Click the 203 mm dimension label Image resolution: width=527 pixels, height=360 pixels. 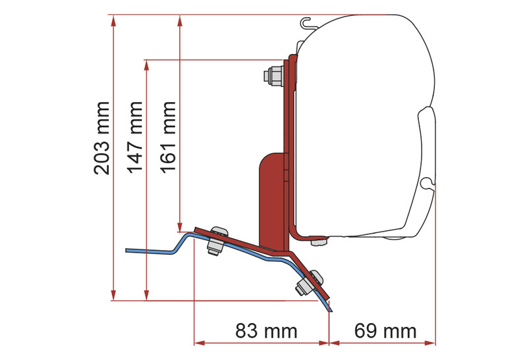tap(102, 138)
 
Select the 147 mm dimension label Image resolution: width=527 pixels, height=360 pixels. tap(135, 137)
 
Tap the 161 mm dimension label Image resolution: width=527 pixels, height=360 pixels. tap(168, 137)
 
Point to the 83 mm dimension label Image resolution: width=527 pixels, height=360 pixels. tap(266, 331)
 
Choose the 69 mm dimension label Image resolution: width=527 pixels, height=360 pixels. tap(385, 331)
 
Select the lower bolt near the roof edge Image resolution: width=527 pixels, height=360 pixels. tap(308, 283)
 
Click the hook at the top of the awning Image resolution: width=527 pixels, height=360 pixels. tap(306, 24)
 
